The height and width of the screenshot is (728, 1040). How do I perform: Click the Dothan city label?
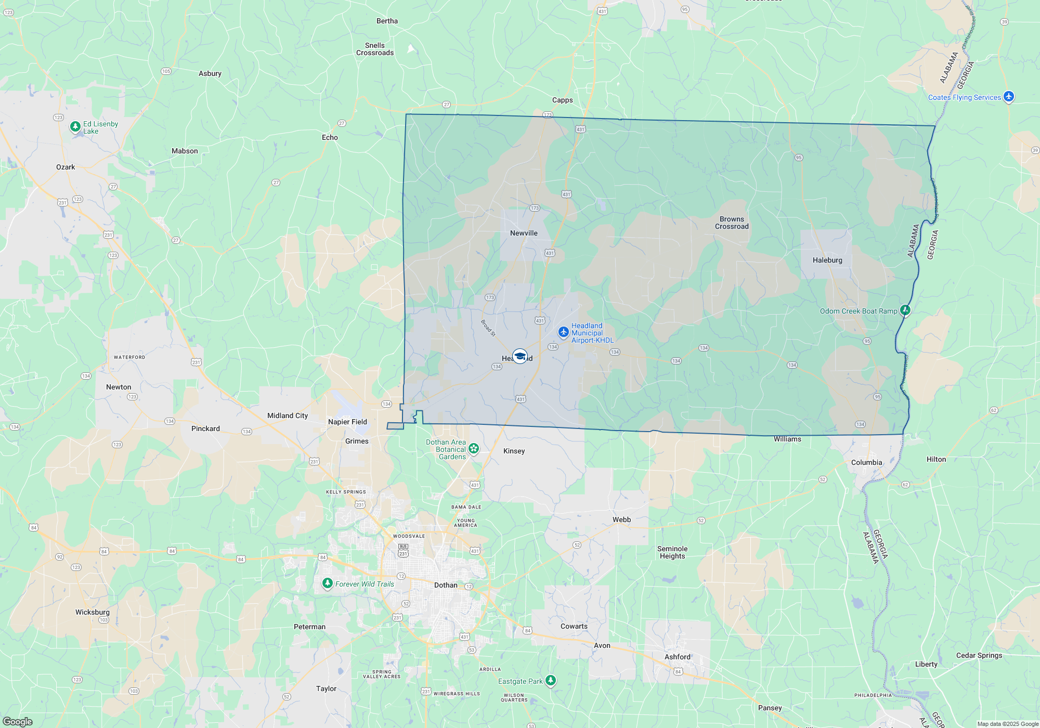446,585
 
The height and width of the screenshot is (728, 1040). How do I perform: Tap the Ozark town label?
66,167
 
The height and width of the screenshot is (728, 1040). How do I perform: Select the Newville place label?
524,233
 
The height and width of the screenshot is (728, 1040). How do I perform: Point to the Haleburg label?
827,260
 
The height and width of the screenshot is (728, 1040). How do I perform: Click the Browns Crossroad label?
732,223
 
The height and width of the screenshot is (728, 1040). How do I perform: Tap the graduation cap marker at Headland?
519,356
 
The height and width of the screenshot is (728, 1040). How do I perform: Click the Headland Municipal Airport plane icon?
563,332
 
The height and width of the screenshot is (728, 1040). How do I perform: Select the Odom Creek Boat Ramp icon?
905,310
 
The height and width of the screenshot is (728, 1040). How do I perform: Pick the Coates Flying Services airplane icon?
1009,96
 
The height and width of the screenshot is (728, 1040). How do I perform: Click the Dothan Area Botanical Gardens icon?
473,448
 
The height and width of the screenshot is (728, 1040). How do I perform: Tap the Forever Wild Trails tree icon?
328,583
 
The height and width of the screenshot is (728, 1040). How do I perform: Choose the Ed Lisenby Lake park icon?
75,126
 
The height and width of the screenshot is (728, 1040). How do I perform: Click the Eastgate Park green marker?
551,680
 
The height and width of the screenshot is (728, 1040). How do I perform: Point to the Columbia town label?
866,462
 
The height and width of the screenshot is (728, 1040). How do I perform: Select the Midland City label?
288,415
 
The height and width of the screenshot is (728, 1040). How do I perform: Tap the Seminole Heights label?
672,552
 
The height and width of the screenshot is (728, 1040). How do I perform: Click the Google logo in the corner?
18,721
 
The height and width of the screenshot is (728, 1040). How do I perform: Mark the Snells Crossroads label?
375,49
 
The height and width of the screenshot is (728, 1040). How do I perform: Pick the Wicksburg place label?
93,612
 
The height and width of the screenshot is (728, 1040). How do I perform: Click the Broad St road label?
488,328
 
